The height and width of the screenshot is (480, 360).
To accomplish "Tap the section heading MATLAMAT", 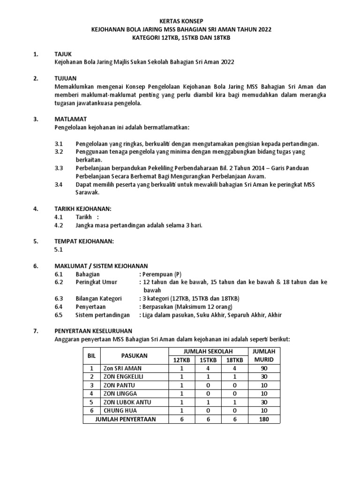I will [69, 120].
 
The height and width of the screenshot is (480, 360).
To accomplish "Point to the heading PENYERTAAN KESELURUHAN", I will [94, 331].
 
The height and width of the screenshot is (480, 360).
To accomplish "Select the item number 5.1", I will [59, 250].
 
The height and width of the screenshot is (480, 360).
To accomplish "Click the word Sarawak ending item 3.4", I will [89, 192].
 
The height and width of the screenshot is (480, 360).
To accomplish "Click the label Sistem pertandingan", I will [103, 315].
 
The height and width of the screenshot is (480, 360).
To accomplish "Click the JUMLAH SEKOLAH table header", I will [207, 352].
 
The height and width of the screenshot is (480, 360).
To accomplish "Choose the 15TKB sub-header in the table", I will [208, 360].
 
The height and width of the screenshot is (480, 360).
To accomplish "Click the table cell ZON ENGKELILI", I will [123, 376].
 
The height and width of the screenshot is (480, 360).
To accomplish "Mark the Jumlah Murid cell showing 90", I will [264, 368].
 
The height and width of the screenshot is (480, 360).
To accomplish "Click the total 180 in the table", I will [264, 420].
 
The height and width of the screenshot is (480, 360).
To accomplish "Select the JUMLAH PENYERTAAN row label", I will [126, 420].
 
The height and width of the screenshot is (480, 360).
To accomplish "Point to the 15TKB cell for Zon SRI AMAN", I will [208, 368].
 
